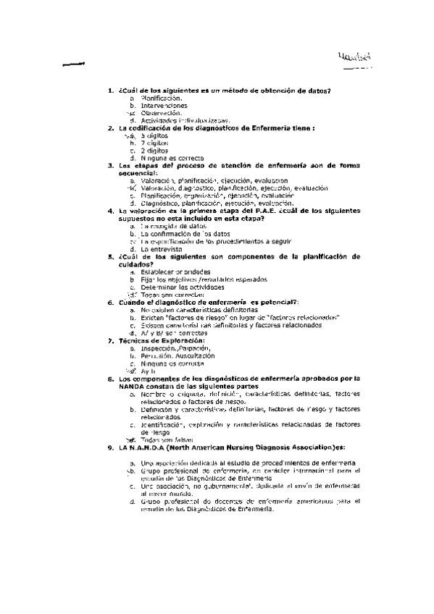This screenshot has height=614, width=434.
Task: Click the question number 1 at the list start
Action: [109, 91]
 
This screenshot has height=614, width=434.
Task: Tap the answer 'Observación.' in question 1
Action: [161, 113]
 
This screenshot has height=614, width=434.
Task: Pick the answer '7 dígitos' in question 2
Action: [156, 143]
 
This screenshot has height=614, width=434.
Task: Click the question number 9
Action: [109, 447]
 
